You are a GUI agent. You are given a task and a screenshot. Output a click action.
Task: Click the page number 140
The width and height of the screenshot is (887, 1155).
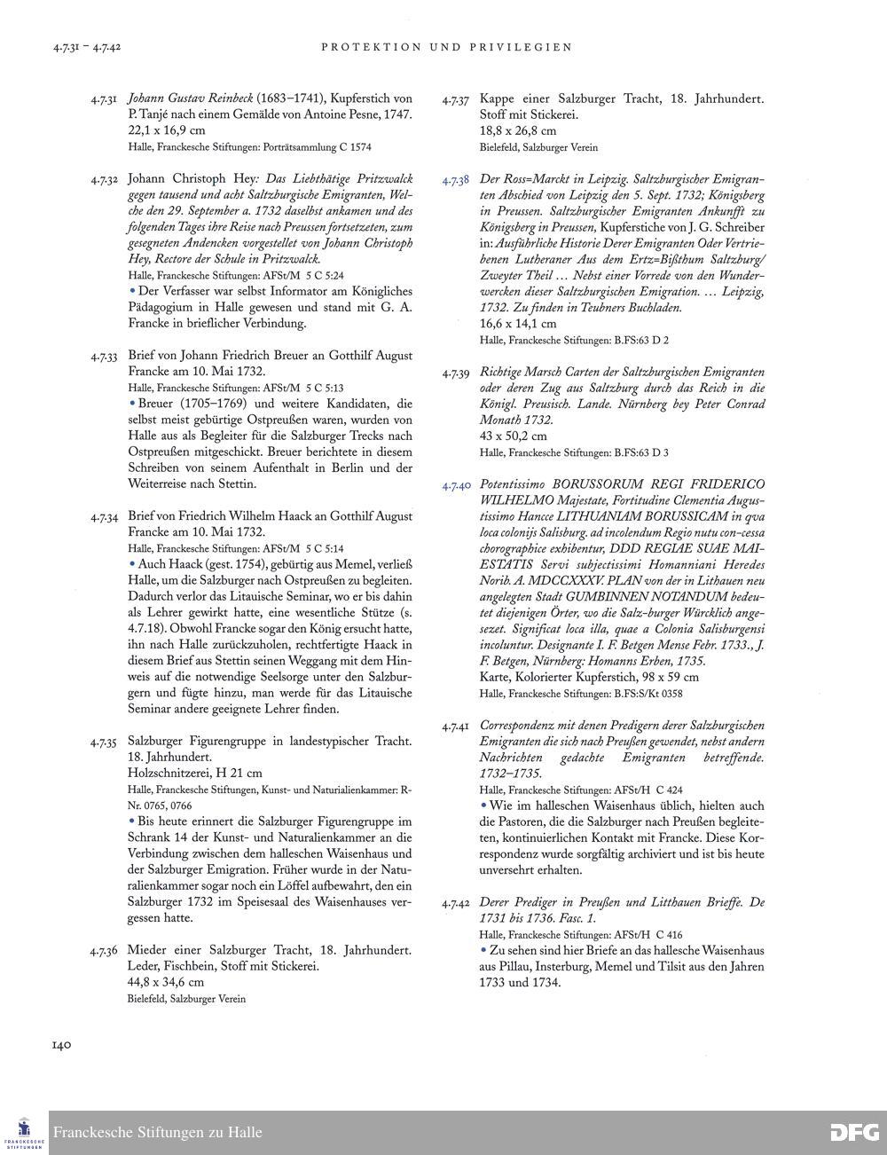[61, 1044]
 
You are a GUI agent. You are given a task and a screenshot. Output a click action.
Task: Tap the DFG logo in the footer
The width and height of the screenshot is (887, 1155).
[854, 1132]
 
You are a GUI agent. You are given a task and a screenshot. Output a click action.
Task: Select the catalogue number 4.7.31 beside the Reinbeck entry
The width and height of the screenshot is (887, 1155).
[104, 99]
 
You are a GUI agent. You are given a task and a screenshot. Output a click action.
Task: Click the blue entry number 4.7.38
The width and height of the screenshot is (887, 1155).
[456, 180]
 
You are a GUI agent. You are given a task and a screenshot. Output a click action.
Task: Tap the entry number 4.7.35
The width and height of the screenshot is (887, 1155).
[104, 742]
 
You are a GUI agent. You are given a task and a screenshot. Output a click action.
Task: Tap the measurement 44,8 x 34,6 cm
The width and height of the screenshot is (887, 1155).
[167, 982]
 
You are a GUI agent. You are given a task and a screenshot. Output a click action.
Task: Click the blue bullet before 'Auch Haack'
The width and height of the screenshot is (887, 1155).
[132, 563]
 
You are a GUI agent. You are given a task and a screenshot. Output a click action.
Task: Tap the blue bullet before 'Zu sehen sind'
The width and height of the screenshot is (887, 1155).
[483, 950]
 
